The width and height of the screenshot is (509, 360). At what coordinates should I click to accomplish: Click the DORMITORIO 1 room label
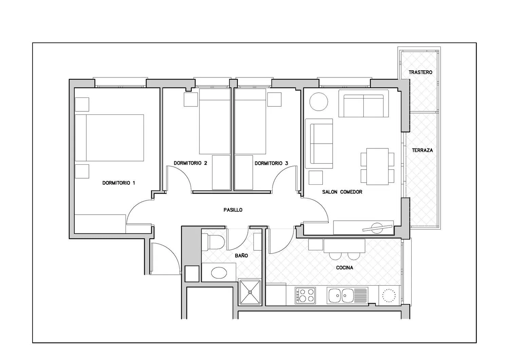pyautogui.click(x=119, y=183)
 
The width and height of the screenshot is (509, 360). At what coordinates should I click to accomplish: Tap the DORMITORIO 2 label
pyautogui.click(x=190, y=163)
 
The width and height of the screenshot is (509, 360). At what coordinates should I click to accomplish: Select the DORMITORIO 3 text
pyautogui.click(x=271, y=163)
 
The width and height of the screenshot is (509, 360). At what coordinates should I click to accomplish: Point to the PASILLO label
pyautogui.click(x=233, y=210)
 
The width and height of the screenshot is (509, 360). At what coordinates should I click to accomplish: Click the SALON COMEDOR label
pyautogui.click(x=342, y=192)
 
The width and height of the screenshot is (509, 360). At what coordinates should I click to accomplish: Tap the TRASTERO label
pyautogui.click(x=420, y=72)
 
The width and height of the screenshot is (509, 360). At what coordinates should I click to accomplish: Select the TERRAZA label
pyautogui.click(x=422, y=150)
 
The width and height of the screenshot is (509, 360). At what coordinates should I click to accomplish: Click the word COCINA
pyautogui.click(x=344, y=268)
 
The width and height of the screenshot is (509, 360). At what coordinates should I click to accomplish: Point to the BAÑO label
pyautogui.click(x=241, y=256)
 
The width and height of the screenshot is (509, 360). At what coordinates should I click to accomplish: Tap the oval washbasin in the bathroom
pyautogui.click(x=219, y=272)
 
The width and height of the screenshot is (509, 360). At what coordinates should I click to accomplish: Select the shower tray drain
pyautogui.click(x=250, y=292)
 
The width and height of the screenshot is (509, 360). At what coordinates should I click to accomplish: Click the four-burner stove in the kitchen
pyautogui.click(x=305, y=295)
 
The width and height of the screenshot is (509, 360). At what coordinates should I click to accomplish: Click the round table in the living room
pyautogui.click(x=319, y=102)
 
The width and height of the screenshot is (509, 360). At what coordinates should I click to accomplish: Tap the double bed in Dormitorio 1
pyautogui.click(x=109, y=138)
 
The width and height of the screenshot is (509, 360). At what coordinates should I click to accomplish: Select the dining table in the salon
pyautogui.click(x=377, y=166)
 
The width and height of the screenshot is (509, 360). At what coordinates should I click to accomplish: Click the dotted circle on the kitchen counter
pyautogui.click(x=389, y=295)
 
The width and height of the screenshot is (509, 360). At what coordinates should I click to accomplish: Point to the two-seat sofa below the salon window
pyautogui.click(x=363, y=104)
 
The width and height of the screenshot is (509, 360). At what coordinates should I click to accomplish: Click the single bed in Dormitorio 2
pyautogui.click(x=215, y=122)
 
